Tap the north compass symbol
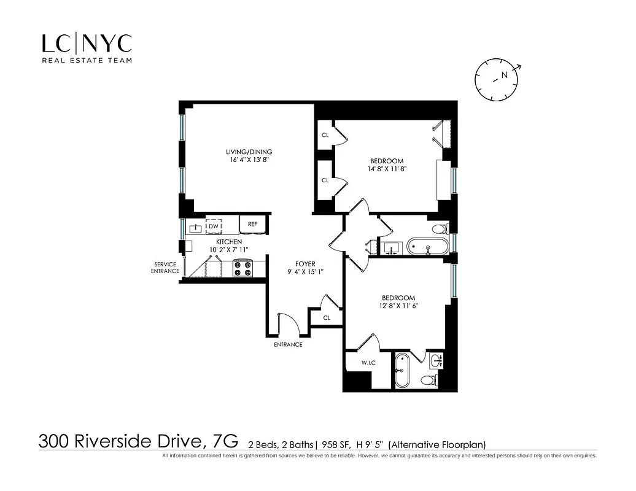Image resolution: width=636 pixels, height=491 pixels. pyautogui.click(x=497, y=78)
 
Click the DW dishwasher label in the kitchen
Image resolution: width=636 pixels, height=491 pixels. pyautogui.click(x=214, y=226)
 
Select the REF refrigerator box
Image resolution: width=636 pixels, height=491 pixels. pyautogui.click(x=252, y=225)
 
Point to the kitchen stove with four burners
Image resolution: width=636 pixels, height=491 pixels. pyautogui.click(x=243, y=268)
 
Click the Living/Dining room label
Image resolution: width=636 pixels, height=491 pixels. pyautogui.click(x=249, y=152)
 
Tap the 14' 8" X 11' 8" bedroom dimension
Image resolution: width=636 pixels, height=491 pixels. pyautogui.click(x=386, y=169)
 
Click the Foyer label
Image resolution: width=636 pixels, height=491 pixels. pyautogui.click(x=305, y=264)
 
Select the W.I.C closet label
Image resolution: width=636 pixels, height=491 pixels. pyautogui.click(x=368, y=363)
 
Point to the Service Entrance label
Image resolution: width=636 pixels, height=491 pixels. pyautogui.click(x=165, y=268)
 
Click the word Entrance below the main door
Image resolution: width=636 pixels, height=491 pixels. pyautogui.click(x=288, y=344)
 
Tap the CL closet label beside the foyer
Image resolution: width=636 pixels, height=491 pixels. pyautogui.click(x=327, y=318)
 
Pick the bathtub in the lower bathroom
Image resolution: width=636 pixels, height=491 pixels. pyautogui.click(x=403, y=371)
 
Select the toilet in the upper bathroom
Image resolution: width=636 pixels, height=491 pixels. pyautogui.click(x=440, y=230)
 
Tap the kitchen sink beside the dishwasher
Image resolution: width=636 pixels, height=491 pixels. pyautogui.click(x=196, y=228)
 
